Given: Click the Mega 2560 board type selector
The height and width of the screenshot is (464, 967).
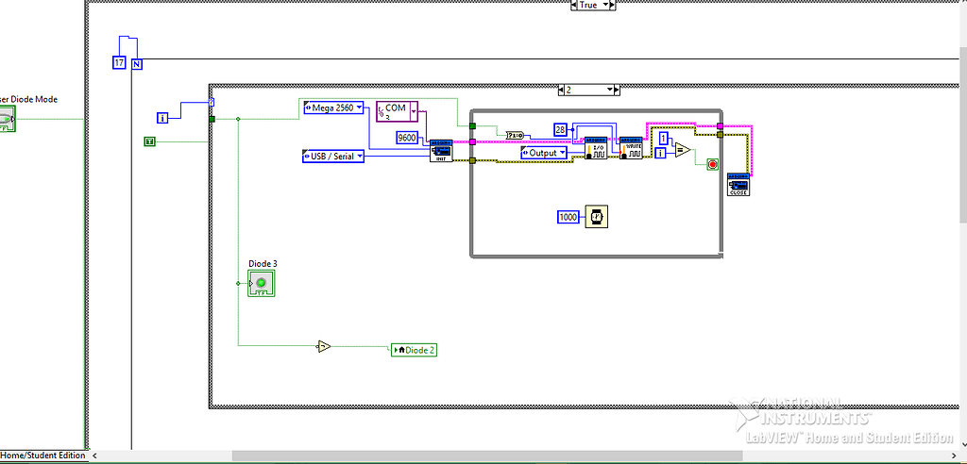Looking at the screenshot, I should pyautogui.click(x=333, y=108).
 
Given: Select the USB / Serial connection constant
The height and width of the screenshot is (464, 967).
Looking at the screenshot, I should pyautogui.click(x=333, y=156).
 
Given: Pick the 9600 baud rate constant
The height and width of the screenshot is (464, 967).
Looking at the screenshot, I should pyautogui.click(x=407, y=138).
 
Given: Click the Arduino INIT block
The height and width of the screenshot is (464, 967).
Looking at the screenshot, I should pyautogui.click(x=440, y=152).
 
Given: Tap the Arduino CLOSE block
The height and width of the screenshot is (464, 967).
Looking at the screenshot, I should pyautogui.click(x=738, y=185).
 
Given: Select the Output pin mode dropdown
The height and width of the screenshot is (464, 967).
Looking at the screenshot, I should pyautogui.click(x=543, y=153).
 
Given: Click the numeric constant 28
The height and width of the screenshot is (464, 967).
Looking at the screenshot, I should pyautogui.click(x=560, y=129).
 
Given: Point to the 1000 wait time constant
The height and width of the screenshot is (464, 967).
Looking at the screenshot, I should pyautogui.click(x=568, y=217).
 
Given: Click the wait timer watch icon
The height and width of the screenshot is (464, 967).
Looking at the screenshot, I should pyautogui.click(x=596, y=217).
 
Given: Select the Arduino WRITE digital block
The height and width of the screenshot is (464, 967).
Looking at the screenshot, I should pyautogui.click(x=631, y=148).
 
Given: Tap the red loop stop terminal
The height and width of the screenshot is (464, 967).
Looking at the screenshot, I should pyautogui.click(x=712, y=164).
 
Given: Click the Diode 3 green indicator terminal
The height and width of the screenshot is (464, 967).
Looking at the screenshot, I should pyautogui.click(x=261, y=283).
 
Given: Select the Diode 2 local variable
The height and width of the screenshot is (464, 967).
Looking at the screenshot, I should pyautogui.click(x=414, y=349).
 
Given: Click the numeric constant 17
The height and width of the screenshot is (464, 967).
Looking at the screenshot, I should pyautogui.click(x=119, y=63).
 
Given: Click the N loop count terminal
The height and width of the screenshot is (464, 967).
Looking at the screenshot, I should pyautogui.click(x=137, y=63).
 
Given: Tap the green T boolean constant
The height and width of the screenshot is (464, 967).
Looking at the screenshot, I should pyautogui.click(x=149, y=141).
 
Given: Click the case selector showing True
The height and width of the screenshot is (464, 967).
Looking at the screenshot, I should pyautogui.click(x=592, y=5).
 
